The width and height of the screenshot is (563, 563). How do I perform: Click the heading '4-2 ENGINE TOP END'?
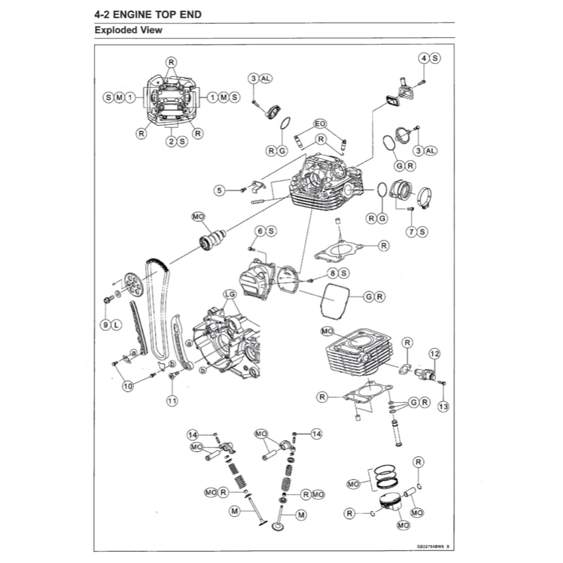pos(148,14)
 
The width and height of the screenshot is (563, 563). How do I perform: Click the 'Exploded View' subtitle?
pos(128,30)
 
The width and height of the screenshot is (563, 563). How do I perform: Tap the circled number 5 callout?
pos(220,190)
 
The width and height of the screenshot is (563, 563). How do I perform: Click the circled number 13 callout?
pos(443,406)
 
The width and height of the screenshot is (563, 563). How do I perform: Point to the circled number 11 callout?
pos(172,401)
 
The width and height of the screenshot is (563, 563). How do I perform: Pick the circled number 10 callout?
pos(128,387)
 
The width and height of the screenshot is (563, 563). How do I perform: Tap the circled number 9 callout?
pos(105,325)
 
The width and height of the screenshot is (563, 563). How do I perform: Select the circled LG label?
pos(230,295)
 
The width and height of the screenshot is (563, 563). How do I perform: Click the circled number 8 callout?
pos(333,273)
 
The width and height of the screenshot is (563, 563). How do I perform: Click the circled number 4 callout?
pos(424,58)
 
